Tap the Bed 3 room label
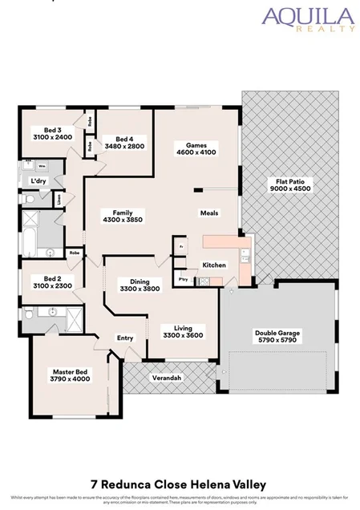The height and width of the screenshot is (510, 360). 54,130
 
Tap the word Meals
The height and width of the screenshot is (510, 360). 209,212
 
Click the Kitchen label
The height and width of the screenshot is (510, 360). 213,265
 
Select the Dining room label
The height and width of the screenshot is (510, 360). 140,281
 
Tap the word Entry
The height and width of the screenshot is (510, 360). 125,338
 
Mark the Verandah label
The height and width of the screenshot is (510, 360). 167,377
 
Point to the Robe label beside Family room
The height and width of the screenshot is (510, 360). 75,252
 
